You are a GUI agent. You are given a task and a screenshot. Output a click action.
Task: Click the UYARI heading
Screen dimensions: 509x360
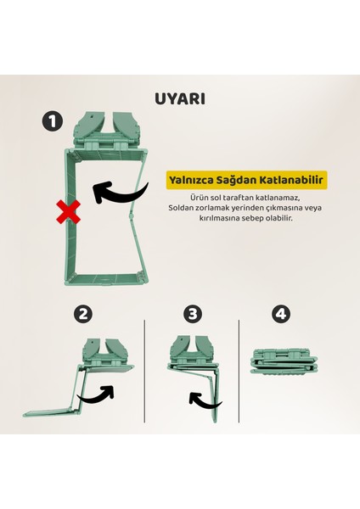pyautogui.click(x=180, y=98)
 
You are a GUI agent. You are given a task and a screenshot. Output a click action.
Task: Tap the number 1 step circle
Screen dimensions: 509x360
pyautogui.click(x=52, y=122)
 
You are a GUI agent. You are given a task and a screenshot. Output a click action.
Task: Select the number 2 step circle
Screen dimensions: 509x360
pyautogui.click(x=82, y=313)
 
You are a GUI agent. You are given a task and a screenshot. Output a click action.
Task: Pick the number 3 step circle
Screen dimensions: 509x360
pyautogui.click(x=194, y=313)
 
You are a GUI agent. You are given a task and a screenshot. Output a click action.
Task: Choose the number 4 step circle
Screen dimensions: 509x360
pyautogui.click(x=281, y=313)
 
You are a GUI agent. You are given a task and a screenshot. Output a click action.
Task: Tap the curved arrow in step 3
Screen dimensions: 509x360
pyautogui.click(x=202, y=397)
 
